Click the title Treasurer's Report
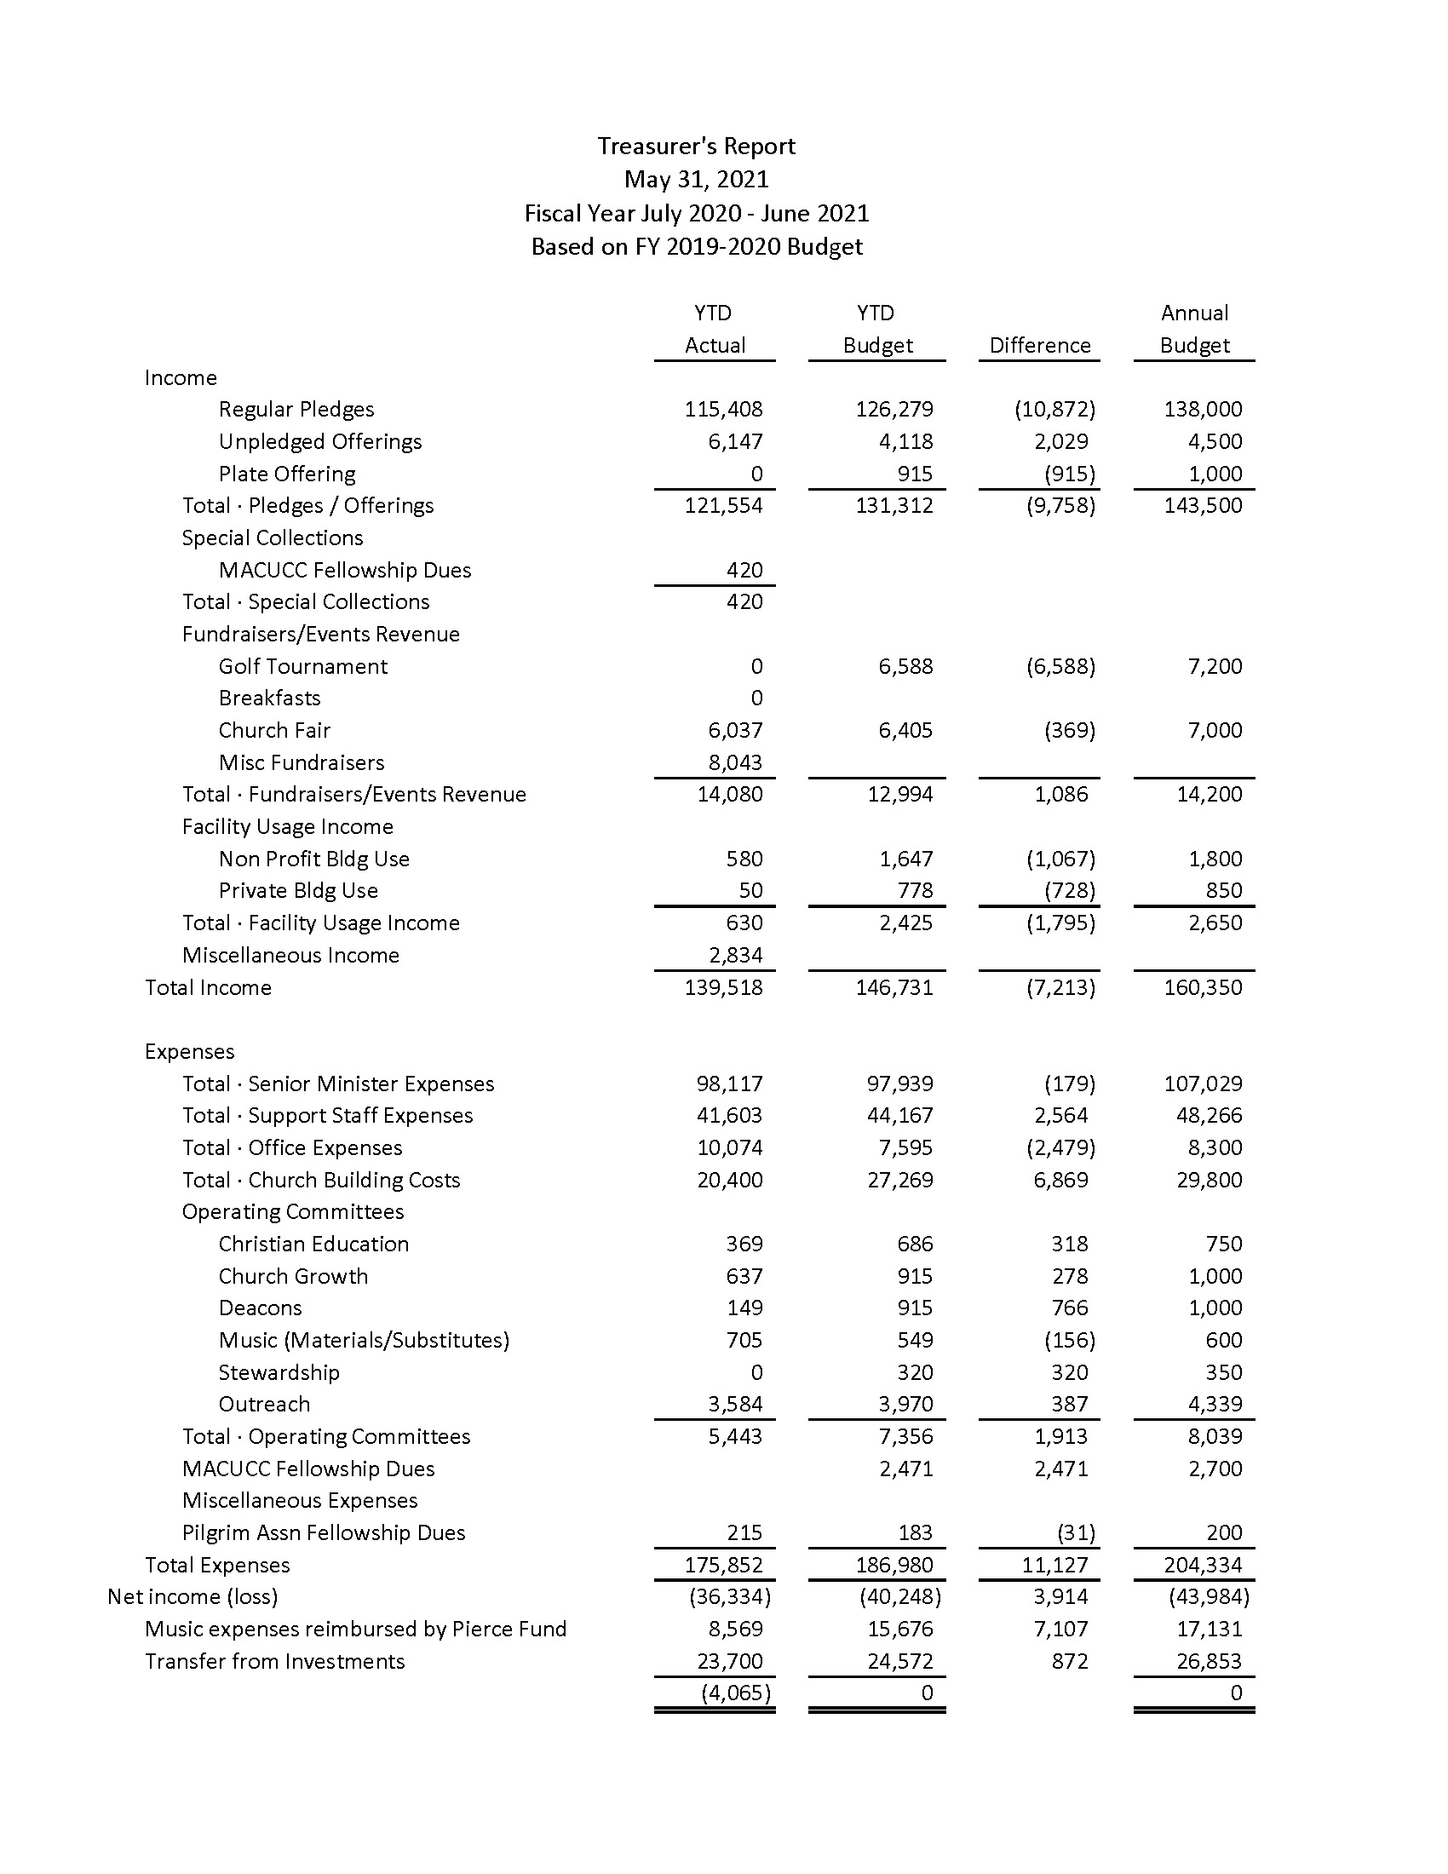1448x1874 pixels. pyautogui.click(x=696, y=147)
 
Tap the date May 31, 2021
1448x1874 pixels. pyautogui.click(x=696, y=180)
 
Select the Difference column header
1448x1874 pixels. pyautogui.click(x=1040, y=346)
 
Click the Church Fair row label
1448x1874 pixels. pyautogui.click(x=273, y=730)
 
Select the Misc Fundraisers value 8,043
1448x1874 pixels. pyautogui.click(x=735, y=763)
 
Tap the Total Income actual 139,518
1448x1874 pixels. pyautogui.click(x=723, y=987)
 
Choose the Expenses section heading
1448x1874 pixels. pyautogui.click(x=190, y=1052)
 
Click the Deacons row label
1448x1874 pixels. pyautogui.click(x=260, y=1308)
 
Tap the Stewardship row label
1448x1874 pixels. pyautogui.click(x=279, y=1373)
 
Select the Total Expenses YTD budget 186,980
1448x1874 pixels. pyautogui.click(x=894, y=1565)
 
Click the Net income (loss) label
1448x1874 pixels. pyautogui.click(x=192, y=1597)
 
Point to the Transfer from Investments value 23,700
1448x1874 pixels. pyautogui.click(x=729, y=1661)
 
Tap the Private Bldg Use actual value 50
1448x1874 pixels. pyautogui.click(x=750, y=891)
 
